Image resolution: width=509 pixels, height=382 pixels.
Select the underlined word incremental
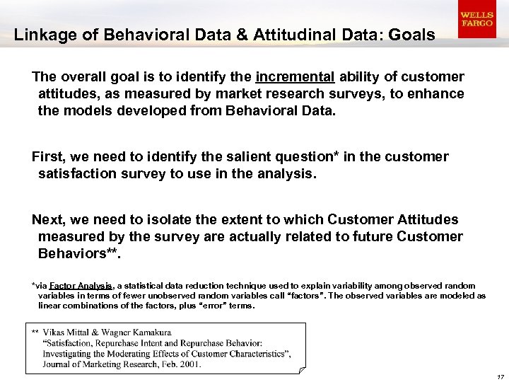tap(296, 76)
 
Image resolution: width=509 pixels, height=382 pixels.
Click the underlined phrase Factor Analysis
tap(77, 286)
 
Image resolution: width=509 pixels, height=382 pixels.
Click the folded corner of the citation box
tap(302, 369)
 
